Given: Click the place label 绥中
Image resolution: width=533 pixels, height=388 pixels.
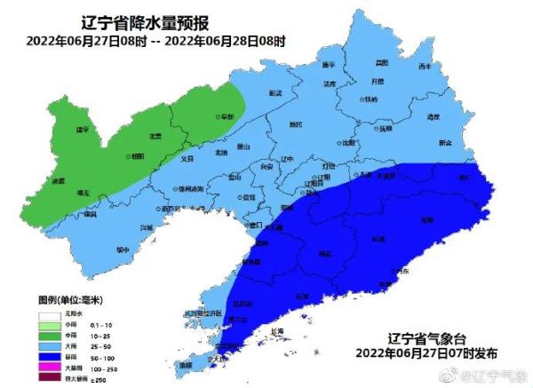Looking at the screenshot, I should pos(122,249).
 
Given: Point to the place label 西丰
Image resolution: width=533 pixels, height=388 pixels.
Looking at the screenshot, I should pos(425,67).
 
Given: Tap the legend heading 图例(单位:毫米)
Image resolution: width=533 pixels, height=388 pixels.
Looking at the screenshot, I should pos(69,301).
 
